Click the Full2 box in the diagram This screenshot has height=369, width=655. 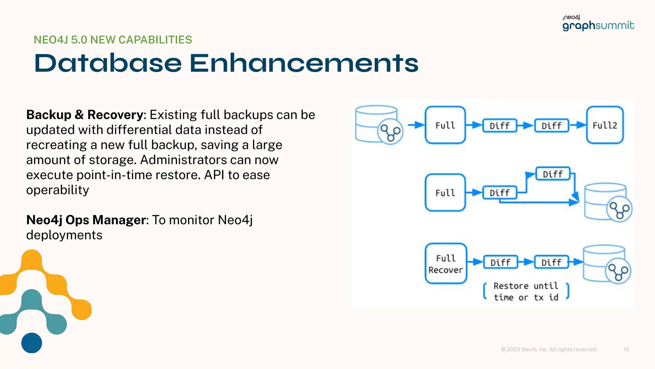point(604,125)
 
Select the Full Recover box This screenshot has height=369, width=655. point(446,264)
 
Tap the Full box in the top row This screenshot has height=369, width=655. point(445,125)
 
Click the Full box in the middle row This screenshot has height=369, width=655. point(445,193)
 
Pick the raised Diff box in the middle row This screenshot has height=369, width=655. point(553,174)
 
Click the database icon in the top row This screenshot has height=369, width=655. point(379,125)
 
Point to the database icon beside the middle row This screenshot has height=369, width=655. point(607,202)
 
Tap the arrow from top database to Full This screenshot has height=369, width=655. point(416,125)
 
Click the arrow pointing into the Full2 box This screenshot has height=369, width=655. point(578,125)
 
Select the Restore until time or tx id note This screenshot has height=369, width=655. point(526,291)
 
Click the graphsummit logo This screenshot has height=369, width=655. point(598,23)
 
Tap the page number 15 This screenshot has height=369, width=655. point(626,349)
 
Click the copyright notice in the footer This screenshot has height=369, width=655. point(549,349)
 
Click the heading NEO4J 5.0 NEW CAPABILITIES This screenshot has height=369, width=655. point(113,40)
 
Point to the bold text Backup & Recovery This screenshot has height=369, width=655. point(84,115)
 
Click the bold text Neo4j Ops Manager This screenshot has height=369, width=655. point(86,220)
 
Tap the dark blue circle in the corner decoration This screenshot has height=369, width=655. point(32,343)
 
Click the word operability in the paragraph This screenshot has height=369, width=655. point(58,190)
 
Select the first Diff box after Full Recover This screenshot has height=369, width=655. point(500,262)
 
